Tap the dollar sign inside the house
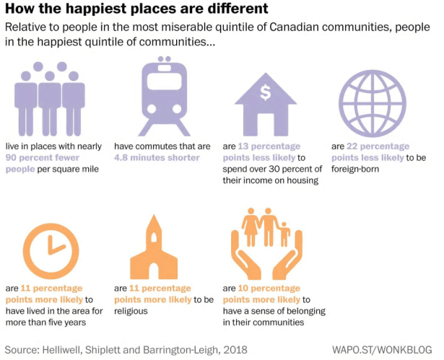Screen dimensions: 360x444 [x=265, y=92]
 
